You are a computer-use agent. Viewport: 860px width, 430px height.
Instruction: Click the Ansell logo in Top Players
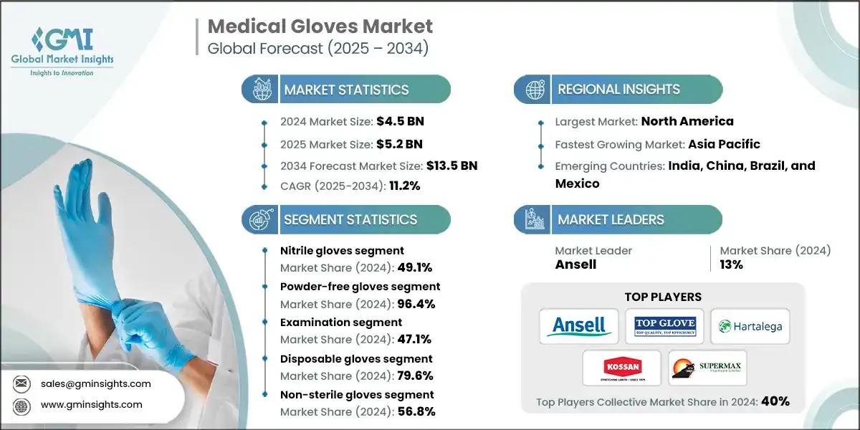tap(578, 326)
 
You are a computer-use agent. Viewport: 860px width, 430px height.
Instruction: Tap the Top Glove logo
tap(664, 326)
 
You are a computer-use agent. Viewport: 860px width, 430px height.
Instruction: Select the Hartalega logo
tap(749, 327)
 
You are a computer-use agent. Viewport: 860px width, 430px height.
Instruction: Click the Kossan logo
tap(621, 367)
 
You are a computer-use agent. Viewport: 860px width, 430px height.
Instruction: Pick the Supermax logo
tap(707, 367)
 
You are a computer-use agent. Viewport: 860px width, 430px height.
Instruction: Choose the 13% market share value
tap(731, 264)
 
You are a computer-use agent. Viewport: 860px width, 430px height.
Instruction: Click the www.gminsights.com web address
tap(92, 405)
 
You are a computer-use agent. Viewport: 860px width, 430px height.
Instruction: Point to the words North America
tap(687, 121)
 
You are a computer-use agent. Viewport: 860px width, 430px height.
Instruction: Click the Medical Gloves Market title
tap(320, 27)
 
